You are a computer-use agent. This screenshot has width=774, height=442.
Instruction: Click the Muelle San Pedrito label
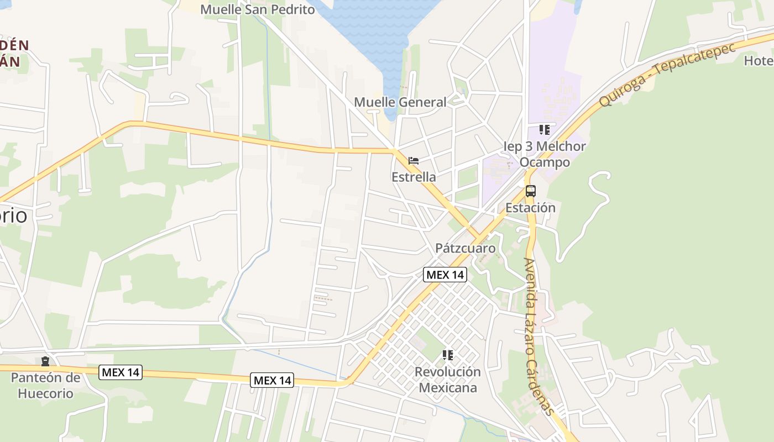[258, 9]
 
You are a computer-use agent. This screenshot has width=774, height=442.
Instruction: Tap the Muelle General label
[400, 102]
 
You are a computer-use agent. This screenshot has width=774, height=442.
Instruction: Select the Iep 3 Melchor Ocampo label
[545, 154]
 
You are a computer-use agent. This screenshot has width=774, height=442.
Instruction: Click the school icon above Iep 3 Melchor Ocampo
[545, 130]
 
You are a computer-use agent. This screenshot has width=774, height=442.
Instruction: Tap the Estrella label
[414, 177]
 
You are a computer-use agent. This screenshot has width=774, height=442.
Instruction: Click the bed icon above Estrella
[414, 161]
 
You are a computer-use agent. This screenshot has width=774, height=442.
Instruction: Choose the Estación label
[530, 208]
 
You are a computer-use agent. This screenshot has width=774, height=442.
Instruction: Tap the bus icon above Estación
[531, 191]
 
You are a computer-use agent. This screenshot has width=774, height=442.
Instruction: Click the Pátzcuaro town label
[466, 248]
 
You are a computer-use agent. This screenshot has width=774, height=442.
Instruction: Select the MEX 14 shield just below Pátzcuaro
[445, 275]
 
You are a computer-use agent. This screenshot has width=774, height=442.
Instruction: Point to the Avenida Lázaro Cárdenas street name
[538, 336]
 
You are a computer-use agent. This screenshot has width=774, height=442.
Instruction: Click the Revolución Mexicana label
[448, 380]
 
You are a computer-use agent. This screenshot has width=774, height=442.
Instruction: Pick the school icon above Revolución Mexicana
[448, 355]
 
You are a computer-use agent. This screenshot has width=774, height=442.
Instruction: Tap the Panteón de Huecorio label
[45, 386]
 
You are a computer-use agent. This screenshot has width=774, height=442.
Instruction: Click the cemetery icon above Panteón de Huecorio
[45, 361]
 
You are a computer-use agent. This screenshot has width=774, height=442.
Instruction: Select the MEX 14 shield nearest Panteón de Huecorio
[121, 372]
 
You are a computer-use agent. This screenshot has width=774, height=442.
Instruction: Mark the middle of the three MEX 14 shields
[272, 380]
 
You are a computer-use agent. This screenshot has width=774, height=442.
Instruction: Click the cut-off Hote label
[759, 61]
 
